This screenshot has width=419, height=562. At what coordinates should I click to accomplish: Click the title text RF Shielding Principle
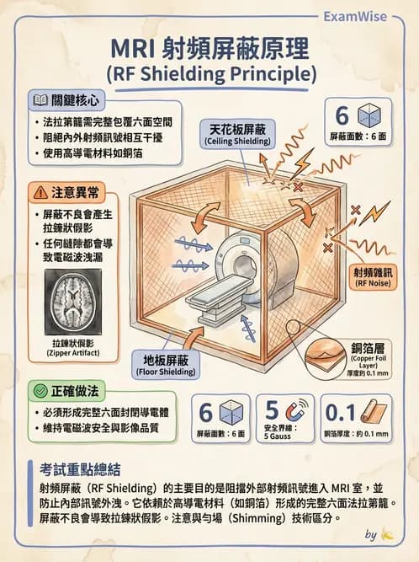click(209, 73)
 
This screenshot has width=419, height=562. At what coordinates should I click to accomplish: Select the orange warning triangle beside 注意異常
click(41, 190)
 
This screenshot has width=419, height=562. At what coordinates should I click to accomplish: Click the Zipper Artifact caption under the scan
click(71, 349)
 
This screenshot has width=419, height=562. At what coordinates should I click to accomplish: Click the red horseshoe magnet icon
click(296, 412)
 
